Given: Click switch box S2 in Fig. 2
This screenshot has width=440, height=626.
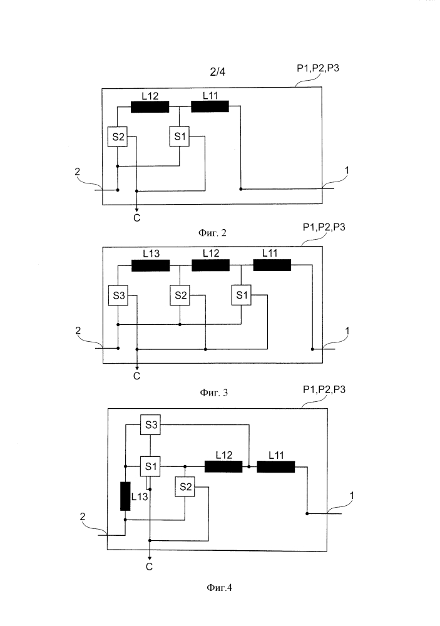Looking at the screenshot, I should pyautogui.click(x=117, y=137).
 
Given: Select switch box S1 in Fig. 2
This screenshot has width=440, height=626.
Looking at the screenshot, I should pyautogui.click(x=180, y=137).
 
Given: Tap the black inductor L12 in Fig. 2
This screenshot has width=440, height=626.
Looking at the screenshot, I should pyautogui.click(x=150, y=107).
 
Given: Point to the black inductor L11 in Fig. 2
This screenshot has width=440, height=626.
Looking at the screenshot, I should pyautogui.click(x=210, y=107).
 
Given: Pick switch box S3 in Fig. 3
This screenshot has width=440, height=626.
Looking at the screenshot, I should pyautogui.click(x=118, y=295).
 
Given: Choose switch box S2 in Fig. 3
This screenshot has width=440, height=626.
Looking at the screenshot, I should pyautogui.click(x=180, y=295).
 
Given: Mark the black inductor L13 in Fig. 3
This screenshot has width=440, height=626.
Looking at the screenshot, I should pyautogui.click(x=150, y=265).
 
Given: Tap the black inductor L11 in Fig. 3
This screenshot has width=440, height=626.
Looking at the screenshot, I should pyautogui.click(x=272, y=265).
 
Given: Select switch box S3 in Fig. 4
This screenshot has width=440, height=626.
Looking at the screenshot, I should pyautogui.click(x=150, y=424).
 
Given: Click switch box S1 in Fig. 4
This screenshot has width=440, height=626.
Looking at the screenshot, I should pyautogui.click(x=150, y=466).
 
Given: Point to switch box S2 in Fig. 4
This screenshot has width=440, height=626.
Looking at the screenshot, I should pyautogui.click(x=185, y=486).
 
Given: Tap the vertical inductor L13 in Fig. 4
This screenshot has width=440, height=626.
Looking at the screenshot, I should pyautogui.click(x=125, y=496).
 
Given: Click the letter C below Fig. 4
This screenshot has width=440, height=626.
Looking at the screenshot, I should pyautogui.click(x=150, y=567).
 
